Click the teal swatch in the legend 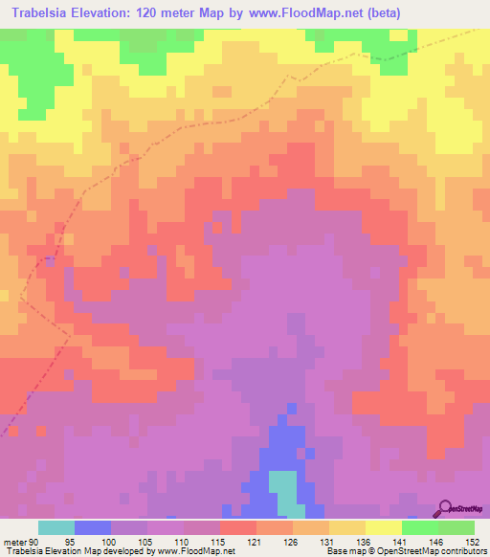56,527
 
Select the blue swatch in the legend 93,527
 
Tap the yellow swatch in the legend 384,527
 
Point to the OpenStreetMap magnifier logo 445,509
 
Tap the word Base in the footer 336,550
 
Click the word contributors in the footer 461,550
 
